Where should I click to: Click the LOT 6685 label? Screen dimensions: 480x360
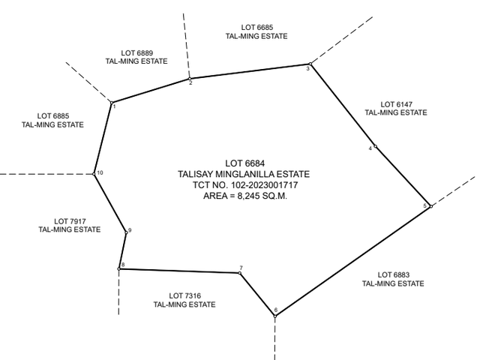[256, 28]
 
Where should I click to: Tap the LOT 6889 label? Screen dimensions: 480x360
[136, 53]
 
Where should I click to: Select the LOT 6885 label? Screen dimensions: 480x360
[53, 116]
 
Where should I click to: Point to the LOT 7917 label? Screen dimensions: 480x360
[70, 221]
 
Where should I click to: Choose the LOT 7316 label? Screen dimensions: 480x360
[185, 295]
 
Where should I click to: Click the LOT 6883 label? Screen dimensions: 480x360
[393, 275]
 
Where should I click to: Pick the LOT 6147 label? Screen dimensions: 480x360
[396, 104]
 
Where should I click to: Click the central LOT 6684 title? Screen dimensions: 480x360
[245, 163]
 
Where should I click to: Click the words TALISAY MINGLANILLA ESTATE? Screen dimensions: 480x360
[244, 174]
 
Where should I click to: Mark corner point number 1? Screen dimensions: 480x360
[112, 103]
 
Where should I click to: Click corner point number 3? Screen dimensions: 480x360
[310, 64]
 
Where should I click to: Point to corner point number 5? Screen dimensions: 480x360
[431, 206]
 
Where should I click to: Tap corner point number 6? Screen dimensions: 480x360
[275, 316]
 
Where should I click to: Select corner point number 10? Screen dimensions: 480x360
[94, 174]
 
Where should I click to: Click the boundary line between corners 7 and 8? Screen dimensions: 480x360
[179, 271]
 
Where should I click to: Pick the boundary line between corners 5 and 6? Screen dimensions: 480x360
[353, 261]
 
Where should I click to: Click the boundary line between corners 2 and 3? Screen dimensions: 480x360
[250, 71]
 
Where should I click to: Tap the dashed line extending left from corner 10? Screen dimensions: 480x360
[46, 174]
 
